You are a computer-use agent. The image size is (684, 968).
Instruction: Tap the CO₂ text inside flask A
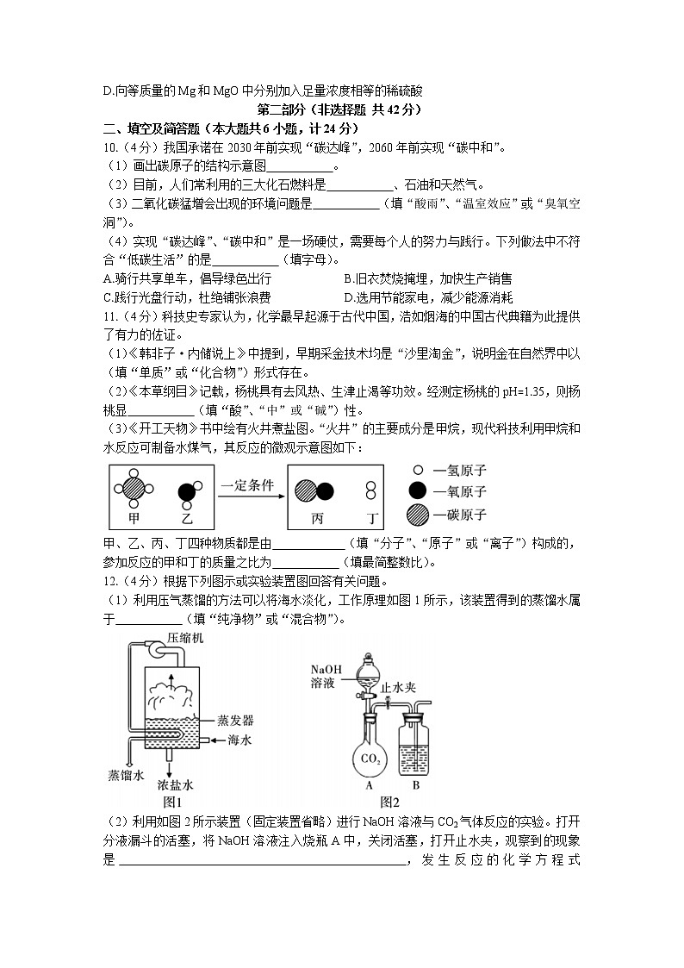tap(370, 759)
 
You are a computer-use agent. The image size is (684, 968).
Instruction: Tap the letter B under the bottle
tap(415, 785)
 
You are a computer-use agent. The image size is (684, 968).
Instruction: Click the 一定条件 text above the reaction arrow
tap(246, 485)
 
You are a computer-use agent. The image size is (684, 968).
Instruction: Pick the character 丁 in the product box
tap(372, 519)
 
